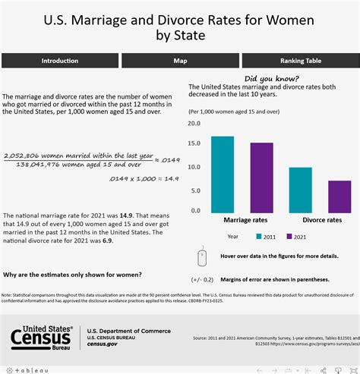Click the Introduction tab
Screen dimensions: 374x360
pyautogui.click(x=59, y=60)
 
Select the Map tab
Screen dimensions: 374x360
pyautogui.click(x=180, y=60)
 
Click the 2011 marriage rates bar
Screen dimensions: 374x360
pyautogui.click(x=223, y=174)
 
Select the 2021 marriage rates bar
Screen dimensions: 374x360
pyautogui.click(x=261, y=177)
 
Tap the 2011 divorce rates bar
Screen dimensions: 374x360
pyautogui.click(x=300, y=189)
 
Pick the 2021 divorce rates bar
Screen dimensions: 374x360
pyautogui.click(x=339, y=196)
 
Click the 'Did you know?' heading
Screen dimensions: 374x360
pyautogui.click(x=271, y=79)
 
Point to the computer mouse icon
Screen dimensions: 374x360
pyautogui.click(x=201, y=257)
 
